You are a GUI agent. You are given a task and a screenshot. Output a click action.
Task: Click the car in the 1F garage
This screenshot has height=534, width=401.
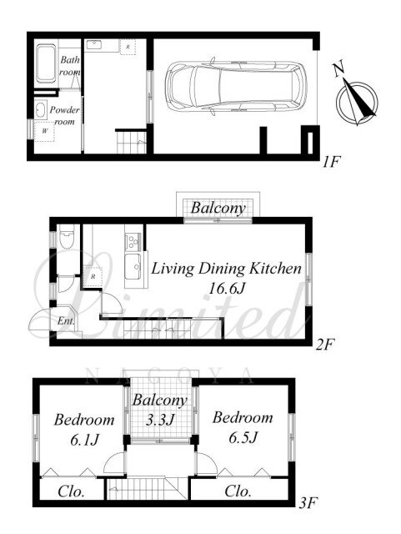point(236,86)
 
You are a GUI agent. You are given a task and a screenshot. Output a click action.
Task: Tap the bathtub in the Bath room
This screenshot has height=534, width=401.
point(46,63)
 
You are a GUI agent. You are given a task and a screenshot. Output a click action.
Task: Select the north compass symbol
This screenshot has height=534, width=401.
point(357,102)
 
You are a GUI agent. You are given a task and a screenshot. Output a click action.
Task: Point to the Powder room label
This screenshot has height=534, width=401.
point(64,116)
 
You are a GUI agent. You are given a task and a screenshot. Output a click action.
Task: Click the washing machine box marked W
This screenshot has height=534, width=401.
point(44,131)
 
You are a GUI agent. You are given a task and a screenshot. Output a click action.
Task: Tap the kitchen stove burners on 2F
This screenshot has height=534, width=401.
point(133,241)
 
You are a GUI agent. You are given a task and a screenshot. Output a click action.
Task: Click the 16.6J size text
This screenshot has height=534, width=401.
point(227,290)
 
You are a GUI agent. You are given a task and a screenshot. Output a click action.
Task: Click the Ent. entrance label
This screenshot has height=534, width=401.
point(66,320)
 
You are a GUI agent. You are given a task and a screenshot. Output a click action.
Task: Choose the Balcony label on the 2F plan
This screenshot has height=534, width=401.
point(218,208)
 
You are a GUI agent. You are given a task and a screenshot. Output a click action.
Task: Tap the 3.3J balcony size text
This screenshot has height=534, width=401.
point(160,420)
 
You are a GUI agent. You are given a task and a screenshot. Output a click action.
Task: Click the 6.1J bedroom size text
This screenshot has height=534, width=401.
point(84,441)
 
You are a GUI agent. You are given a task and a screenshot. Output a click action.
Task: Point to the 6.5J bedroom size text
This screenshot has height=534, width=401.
point(243,438)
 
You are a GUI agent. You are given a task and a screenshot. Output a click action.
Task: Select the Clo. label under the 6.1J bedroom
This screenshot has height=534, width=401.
point(71,491)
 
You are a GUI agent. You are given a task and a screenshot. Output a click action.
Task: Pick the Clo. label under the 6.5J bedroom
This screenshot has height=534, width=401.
point(238,491)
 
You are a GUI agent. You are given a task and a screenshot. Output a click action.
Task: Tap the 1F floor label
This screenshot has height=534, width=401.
point(331,163)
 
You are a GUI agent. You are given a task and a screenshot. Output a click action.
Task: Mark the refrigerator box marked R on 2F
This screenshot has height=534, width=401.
point(93,277)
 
